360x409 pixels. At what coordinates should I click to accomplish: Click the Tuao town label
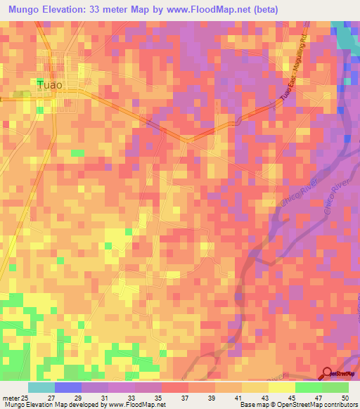[49, 85]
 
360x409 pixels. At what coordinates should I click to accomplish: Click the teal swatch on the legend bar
[41, 387]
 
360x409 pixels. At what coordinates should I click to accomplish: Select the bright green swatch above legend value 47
[309, 387]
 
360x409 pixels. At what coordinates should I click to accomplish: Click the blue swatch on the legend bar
[68, 387]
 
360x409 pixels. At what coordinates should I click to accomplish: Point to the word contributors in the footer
[340, 405]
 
